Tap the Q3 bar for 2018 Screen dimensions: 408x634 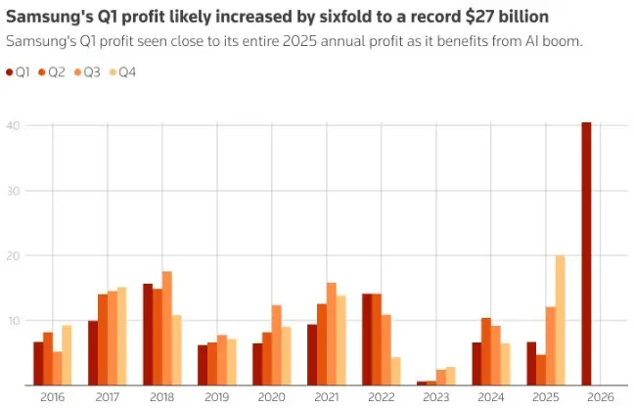click(167, 328)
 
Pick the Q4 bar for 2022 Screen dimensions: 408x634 click(395, 371)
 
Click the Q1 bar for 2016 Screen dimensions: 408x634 click(38, 363)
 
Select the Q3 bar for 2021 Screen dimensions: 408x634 click(331, 334)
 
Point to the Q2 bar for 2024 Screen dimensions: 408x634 click(486, 350)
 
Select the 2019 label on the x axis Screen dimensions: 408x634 click(216, 397)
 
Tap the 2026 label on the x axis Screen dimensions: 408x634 click(600, 397)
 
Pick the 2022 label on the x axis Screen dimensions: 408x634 click(381, 397)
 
